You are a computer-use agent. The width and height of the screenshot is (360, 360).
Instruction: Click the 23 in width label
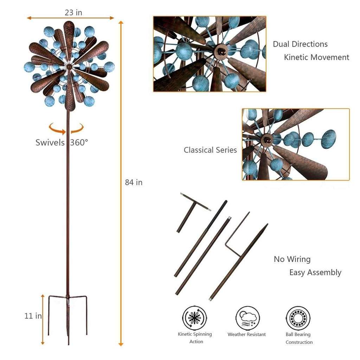pos(73,13)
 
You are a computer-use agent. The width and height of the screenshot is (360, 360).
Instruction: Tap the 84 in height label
pos(134,182)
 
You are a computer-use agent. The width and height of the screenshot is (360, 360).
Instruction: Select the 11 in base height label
pos(33,316)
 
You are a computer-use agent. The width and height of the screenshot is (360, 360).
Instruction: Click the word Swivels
pos(50,142)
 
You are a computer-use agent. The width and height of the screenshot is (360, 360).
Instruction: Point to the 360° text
pos(79,142)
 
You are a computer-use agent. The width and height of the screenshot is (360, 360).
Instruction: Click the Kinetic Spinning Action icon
pos(195,318)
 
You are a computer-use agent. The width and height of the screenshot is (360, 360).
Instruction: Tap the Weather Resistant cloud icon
pos(247,318)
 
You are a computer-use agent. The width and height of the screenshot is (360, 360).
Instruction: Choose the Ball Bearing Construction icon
pos(298,318)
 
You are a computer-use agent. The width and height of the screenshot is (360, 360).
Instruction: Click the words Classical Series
pos(210,150)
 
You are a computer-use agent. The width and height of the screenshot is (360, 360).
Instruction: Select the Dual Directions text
pos(300,44)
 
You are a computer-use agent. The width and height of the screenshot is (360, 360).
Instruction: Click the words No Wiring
pos(292,259)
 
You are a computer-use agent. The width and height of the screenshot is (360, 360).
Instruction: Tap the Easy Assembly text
pos(315,272)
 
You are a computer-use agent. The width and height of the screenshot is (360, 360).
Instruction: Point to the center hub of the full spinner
pos(69,67)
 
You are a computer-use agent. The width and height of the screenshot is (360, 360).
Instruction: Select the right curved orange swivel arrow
pos(77,129)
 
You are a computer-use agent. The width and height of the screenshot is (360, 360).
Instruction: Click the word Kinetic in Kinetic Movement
pos(297,57)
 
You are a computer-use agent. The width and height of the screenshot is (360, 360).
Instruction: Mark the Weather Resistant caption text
pos(247,335)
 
